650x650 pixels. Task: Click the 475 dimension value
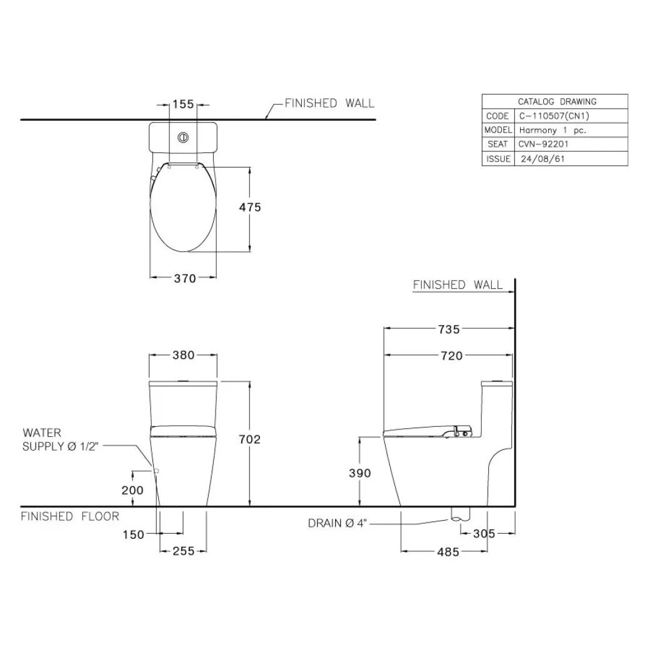click(251, 207)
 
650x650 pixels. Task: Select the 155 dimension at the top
click(183, 104)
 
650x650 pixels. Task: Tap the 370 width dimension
click(185, 278)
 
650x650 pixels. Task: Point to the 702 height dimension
click(250, 439)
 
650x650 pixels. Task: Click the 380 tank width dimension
click(184, 355)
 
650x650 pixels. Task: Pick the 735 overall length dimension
click(448, 329)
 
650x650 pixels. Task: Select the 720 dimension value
click(451, 356)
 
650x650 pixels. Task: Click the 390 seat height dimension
click(359, 473)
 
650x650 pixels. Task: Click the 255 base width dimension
click(183, 551)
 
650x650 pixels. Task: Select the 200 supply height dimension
click(132, 490)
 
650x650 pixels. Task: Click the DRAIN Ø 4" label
click(337, 524)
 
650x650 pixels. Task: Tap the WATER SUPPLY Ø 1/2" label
click(61, 439)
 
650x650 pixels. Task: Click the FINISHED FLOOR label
click(70, 516)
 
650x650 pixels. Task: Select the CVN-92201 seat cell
click(543, 144)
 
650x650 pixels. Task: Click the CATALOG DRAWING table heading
click(557, 101)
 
